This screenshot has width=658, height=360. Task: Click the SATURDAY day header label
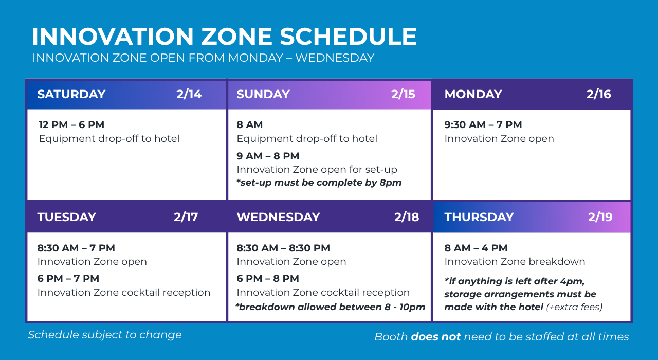tap(71, 94)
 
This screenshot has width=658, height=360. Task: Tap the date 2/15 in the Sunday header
tap(403, 94)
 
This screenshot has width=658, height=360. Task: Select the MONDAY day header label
tap(473, 94)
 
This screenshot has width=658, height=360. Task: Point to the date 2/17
tap(186, 217)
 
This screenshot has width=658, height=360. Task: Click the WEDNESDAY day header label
tap(278, 217)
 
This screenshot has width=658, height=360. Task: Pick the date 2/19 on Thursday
tap(600, 217)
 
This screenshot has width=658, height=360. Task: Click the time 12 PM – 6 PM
tap(71, 124)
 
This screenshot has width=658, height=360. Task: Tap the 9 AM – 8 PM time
tap(268, 156)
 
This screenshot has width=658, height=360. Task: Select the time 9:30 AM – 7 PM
tap(483, 124)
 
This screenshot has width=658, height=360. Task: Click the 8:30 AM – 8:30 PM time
tap(283, 248)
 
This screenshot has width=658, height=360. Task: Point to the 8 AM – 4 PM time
tap(476, 248)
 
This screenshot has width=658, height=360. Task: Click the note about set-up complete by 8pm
tap(319, 183)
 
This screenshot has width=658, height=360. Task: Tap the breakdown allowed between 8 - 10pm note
tap(330, 307)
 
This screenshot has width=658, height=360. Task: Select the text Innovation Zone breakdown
tap(515, 262)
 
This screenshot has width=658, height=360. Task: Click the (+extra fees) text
tap(574, 307)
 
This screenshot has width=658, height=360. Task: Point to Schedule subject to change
tap(105, 335)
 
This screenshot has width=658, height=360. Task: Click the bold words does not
tap(435, 337)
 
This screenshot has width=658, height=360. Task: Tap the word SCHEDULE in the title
tap(348, 37)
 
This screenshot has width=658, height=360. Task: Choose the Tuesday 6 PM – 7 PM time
tap(68, 278)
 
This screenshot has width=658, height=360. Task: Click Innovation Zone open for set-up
tap(317, 170)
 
